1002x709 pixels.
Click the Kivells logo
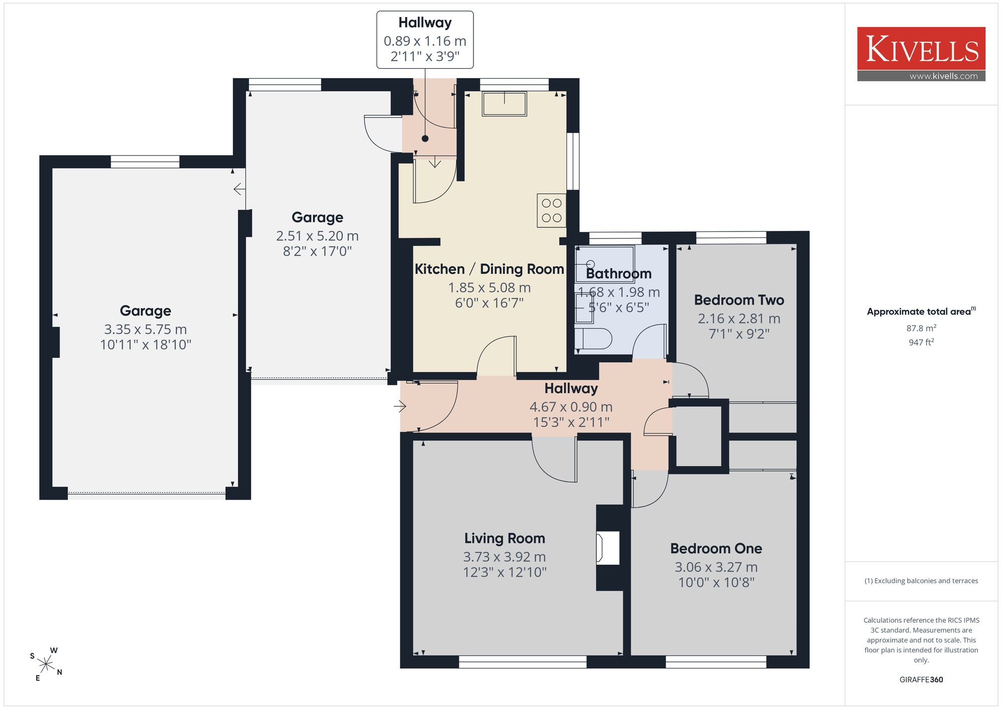921,54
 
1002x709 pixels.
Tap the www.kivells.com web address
943,76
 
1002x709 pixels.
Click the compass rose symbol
46,664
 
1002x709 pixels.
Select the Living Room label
505,538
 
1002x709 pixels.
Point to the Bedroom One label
716,549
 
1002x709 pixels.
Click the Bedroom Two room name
739,300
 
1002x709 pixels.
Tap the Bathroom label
619,274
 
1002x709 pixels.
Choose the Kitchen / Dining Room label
489,269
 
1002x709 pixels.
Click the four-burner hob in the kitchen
552,210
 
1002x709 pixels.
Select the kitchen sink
504,104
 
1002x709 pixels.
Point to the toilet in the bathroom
594,339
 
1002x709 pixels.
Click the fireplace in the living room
608,548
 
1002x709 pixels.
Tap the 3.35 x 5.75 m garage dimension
145,329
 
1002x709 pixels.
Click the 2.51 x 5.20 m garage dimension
317,235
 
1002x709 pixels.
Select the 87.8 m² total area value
921,328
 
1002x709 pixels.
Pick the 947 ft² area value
921,342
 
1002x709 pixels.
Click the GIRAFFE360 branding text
921,680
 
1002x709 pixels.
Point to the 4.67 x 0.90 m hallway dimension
571,407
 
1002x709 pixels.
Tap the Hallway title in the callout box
425,23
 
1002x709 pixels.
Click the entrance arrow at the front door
400,406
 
